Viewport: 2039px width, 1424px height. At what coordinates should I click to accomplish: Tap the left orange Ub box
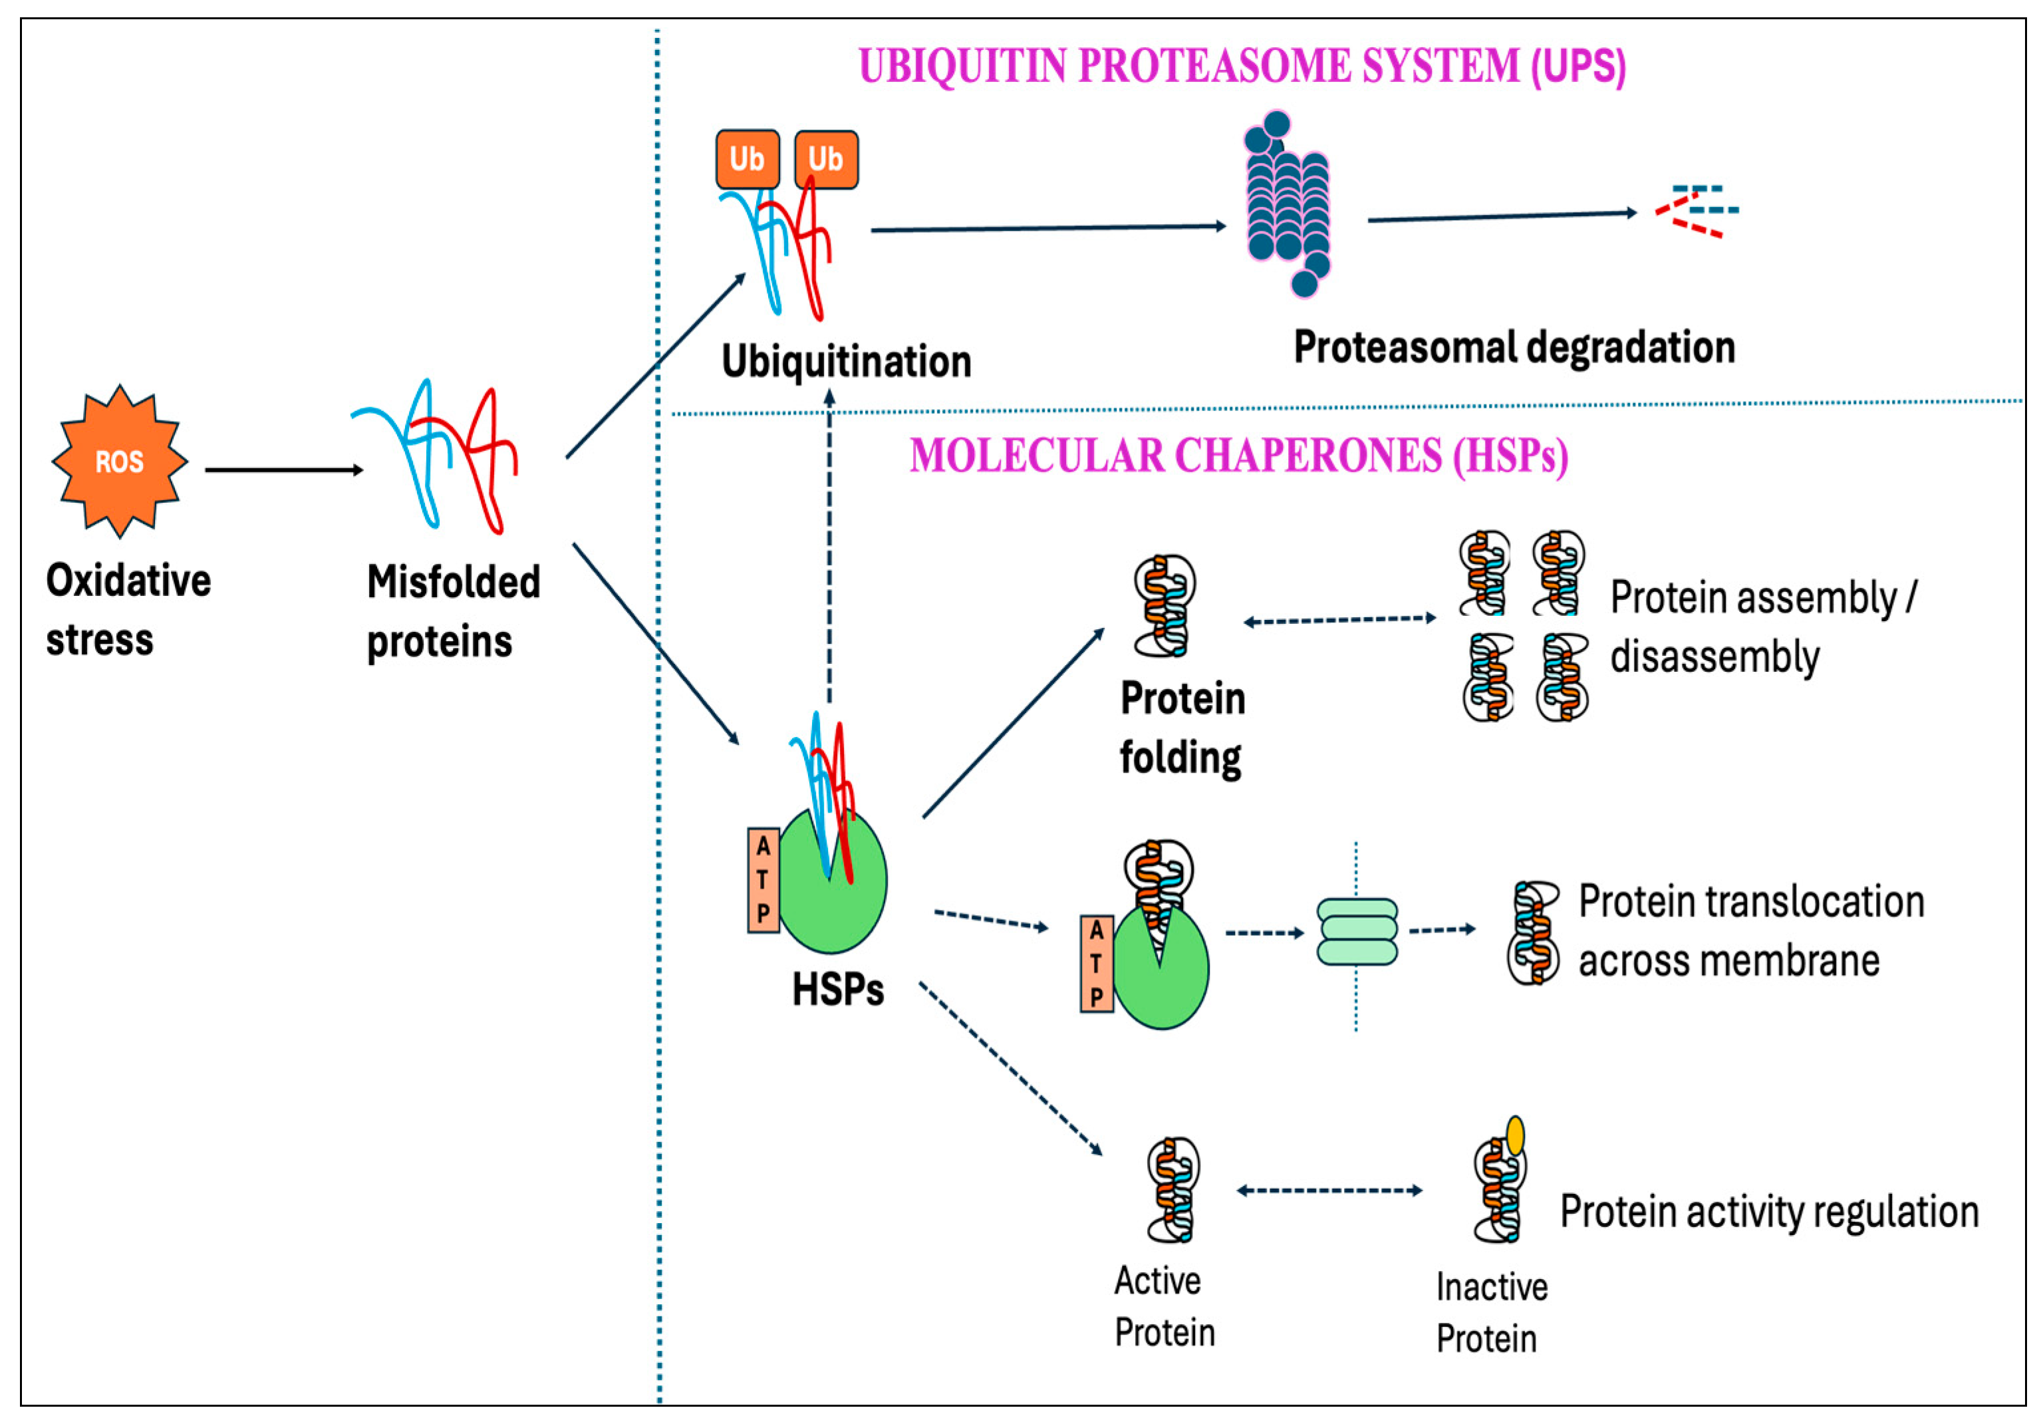pos(747,159)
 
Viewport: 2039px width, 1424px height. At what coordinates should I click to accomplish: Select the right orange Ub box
pos(826,159)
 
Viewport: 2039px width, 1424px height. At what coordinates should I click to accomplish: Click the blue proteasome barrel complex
pos(1288,204)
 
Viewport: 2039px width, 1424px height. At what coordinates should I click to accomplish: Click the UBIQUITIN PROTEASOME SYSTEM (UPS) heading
pos(1242,66)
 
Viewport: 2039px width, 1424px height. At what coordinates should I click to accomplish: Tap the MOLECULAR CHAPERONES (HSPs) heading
pos(1238,456)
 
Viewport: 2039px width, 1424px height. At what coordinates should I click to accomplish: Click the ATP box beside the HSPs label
pos(763,879)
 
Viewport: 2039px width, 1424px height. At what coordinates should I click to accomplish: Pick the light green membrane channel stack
pos(1356,931)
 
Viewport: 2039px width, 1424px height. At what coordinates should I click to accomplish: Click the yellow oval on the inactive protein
pos(1515,1135)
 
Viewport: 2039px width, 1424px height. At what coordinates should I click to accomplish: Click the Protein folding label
pos(1181,728)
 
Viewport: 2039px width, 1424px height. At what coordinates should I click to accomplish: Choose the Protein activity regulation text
pos(1769,1212)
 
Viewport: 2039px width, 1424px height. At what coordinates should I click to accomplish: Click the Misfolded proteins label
pos(453,611)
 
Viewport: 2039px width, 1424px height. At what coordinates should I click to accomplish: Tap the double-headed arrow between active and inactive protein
pos(1329,1191)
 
